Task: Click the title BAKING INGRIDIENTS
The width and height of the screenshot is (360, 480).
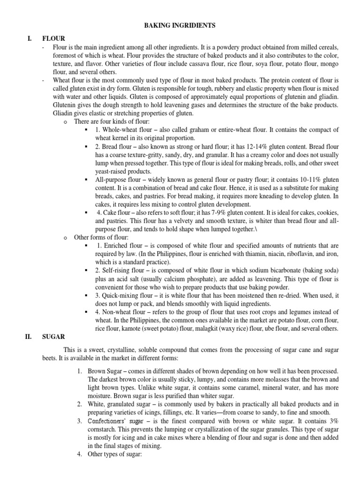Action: pos(180,26)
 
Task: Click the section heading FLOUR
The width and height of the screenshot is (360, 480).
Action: pos(53,38)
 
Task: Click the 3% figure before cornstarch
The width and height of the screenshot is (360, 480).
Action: pos(333,421)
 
